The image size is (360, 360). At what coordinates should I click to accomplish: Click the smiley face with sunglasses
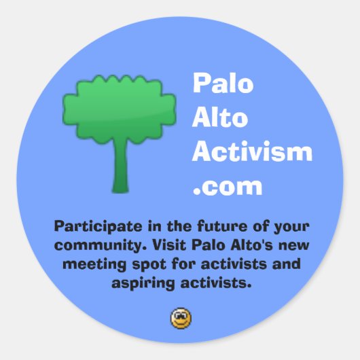pyautogui.click(x=181, y=317)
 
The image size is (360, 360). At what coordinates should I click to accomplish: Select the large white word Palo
pyautogui.click(x=223, y=84)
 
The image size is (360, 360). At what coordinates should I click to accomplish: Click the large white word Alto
pyautogui.click(x=219, y=118)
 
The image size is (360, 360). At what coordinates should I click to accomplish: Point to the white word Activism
pyautogui.click(x=252, y=151)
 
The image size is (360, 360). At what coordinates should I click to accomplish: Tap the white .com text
pyautogui.click(x=227, y=185)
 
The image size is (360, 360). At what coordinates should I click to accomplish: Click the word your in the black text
pyautogui.click(x=291, y=226)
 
